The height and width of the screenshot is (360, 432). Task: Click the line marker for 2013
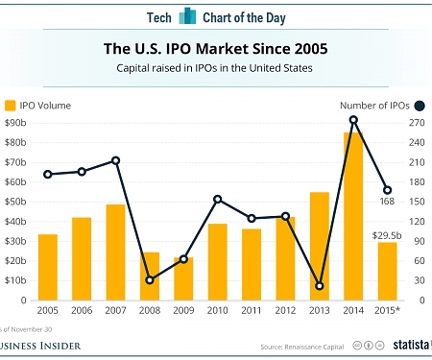point(320,286)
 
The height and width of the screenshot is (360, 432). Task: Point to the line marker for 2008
point(149,280)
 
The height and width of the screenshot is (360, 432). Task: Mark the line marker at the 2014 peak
point(354,120)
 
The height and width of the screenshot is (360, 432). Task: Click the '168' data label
point(387,202)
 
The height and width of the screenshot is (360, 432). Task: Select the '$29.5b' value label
point(387,234)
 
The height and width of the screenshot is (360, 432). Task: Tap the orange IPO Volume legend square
point(11,106)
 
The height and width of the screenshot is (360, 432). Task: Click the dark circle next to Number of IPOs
point(419,106)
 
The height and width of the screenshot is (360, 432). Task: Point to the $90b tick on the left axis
point(16,123)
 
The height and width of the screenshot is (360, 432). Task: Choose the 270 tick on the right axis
point(417,123)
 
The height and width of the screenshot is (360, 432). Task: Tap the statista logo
point(408,345)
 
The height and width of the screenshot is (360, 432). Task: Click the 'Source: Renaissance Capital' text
point(301,346)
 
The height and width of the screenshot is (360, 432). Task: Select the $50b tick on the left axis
point(16,202)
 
